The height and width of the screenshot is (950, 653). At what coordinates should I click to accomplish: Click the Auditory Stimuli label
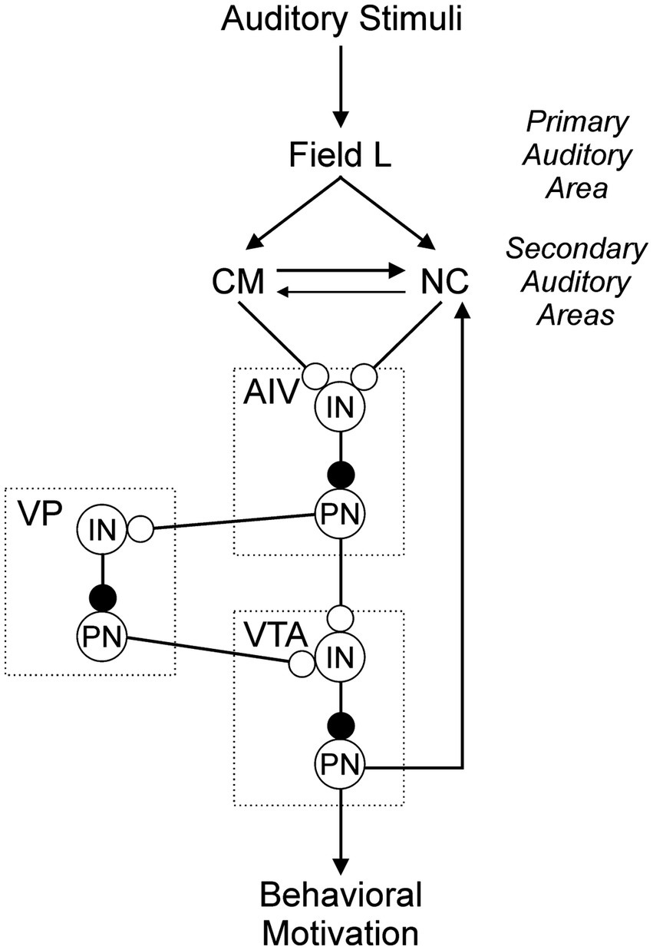341,18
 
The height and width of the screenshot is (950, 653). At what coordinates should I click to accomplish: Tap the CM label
237,283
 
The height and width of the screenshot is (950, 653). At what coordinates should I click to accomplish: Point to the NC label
445,283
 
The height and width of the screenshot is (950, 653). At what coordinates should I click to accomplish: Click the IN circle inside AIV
341,407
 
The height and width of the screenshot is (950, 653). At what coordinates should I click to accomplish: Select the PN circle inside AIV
341,511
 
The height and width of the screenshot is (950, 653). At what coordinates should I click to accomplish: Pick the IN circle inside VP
102,528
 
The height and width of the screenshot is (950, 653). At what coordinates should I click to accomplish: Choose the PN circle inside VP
102,634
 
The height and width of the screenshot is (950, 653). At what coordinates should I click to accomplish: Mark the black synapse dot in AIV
341,474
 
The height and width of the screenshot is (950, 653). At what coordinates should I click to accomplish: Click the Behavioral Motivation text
341,914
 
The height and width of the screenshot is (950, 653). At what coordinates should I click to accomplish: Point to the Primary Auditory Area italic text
576,155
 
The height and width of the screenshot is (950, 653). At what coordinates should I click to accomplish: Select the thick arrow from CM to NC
341,271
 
